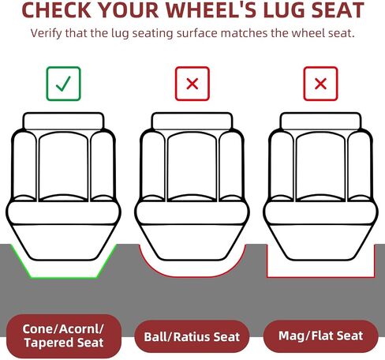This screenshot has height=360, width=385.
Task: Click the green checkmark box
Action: point(63,84)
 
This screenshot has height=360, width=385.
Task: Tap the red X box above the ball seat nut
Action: point(192,84)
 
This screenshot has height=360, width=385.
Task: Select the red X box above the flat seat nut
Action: point(320,84)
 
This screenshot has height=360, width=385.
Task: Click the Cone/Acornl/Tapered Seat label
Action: point(63,336)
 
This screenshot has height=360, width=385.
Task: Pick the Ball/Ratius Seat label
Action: point(192,336)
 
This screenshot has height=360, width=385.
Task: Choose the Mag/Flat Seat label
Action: point(320,336)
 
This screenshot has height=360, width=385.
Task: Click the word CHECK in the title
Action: point(57,10)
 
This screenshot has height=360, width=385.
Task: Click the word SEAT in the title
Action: point(338,10)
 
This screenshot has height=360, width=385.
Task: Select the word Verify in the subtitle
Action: point(46,34)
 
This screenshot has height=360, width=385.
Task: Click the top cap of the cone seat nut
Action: point(63,121)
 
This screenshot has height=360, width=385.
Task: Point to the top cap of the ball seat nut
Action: point(192,121)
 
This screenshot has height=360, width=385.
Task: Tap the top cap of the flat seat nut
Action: point(320,121)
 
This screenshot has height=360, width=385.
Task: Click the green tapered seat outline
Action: point(63,277)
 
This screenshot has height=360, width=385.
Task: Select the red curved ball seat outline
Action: point(192,277)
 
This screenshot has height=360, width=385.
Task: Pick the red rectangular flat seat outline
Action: point(320,277)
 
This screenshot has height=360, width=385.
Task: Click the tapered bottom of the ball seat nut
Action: point(192,242)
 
